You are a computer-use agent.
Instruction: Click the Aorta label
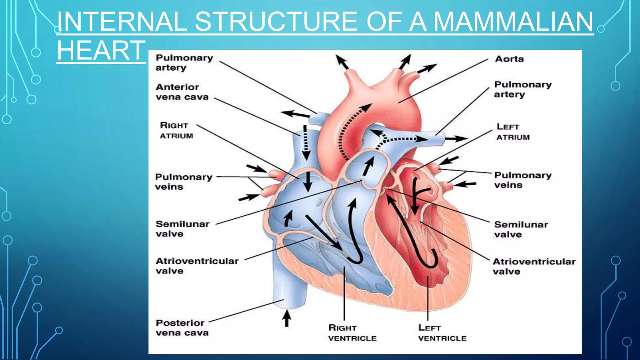pyautogui.click(x=509, y=59)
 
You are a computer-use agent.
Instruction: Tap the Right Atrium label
pyautogui.click(x=176, y=130)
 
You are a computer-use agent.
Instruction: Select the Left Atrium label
pyautogui.click(x=513, y=132)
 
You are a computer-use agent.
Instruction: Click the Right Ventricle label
pyautogui.click(x=352, y=333)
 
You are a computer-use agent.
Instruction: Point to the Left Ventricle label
pyautogui.click(x=442, y=333)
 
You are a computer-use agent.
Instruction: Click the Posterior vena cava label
pyautogui.click(x=182, y=327)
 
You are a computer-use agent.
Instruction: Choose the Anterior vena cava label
pyautogui.click(x=182, y=92)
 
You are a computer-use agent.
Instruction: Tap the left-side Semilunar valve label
pyautogui.click(x=182, y=229)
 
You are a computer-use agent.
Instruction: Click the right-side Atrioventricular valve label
pyautogui.click(x=534, y=266)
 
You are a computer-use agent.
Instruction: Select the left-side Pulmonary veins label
pyautogui.click(x=183, y=182)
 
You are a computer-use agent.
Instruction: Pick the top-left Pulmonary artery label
pyautogui.click(x=184, y=62)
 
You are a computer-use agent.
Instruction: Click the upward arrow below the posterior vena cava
pyautogui.click(x=286, y=318)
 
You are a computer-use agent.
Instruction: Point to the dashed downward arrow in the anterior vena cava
pyautogui.click(x=306, y=142)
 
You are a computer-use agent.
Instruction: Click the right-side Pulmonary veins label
pyautogui.click(x=522, y=180)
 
